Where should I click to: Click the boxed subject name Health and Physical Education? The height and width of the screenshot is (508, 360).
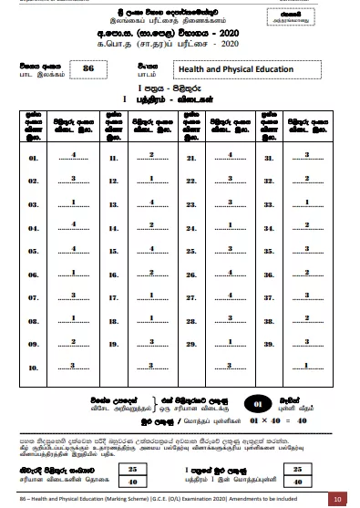[235, 69]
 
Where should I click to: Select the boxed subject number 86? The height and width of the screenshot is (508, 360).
[88, 68]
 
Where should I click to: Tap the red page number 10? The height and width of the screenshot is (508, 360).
[336, 499]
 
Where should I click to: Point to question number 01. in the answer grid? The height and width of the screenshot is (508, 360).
[34, 158]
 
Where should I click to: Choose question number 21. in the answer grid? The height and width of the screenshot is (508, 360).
[191, 158]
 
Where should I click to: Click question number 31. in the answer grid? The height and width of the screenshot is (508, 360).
[270, 158]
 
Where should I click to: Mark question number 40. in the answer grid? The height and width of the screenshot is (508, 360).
[270, 368]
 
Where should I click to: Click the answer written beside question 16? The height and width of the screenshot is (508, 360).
[73, 272]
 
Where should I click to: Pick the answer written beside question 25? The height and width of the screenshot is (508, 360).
[230, 248]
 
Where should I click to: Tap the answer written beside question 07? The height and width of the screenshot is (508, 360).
[73, 295]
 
